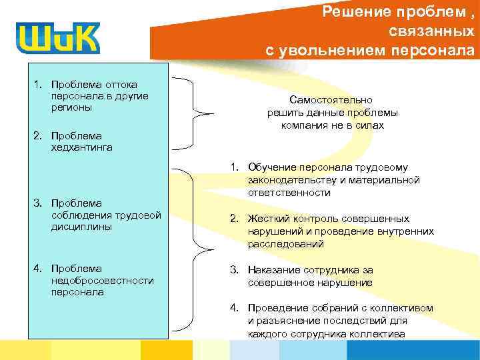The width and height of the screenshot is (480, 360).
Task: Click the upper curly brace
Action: (195, 111)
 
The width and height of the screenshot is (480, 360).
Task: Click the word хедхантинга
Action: (81, 147)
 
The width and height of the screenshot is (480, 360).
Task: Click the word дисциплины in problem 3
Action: (80, 226)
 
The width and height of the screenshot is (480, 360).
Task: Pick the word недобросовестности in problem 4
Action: (102, 281)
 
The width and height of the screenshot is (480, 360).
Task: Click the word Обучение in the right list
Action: (269, 168)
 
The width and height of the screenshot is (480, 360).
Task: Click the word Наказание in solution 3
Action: (273, 270)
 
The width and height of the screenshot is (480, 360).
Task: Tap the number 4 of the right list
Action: (233, 308)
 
